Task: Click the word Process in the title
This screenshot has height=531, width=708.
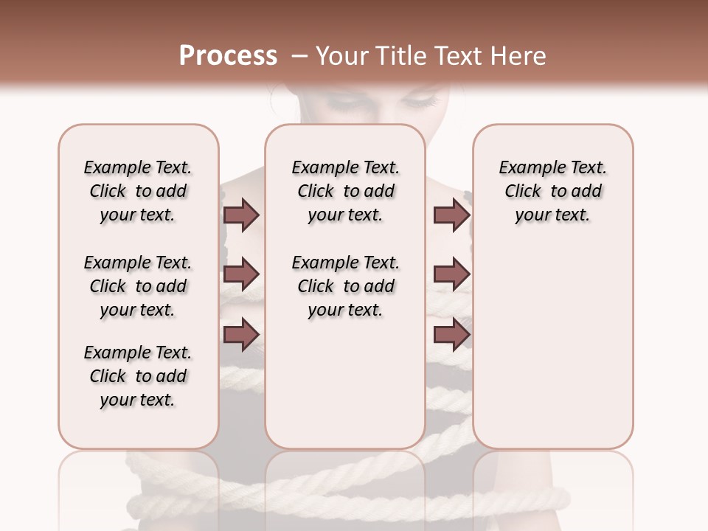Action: pyautogui.click(x=228, y=56)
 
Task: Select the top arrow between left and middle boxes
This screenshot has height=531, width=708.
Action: pyautogui.click(x=241, y=215)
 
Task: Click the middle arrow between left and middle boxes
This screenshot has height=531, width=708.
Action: pyautogui.click(x=241, y=275)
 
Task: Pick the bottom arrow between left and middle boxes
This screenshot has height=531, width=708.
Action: pyautogui.click(x=241, y=334)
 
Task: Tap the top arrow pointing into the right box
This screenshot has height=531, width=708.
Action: pyautogui.click(x=451, y=215)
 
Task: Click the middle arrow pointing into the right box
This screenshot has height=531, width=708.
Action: pyautogui.click(x=451, y=275)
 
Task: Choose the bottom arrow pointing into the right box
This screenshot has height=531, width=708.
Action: pyautogui.click(x=451, y=334)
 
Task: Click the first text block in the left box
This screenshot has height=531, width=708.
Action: pyautogui.click(x=138, y=191)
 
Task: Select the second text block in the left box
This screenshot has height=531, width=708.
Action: pyautogui.click(x=138, y=286)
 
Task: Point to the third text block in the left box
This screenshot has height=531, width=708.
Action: pyautogui.click(x=138, y=376)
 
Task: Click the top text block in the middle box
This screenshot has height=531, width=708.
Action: pyautogui.click(x=345, y=191)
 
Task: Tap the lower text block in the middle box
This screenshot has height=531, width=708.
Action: pyautogui.click(x=345, y=286)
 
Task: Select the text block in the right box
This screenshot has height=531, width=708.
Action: pyautogui.click(x=553, y=191)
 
